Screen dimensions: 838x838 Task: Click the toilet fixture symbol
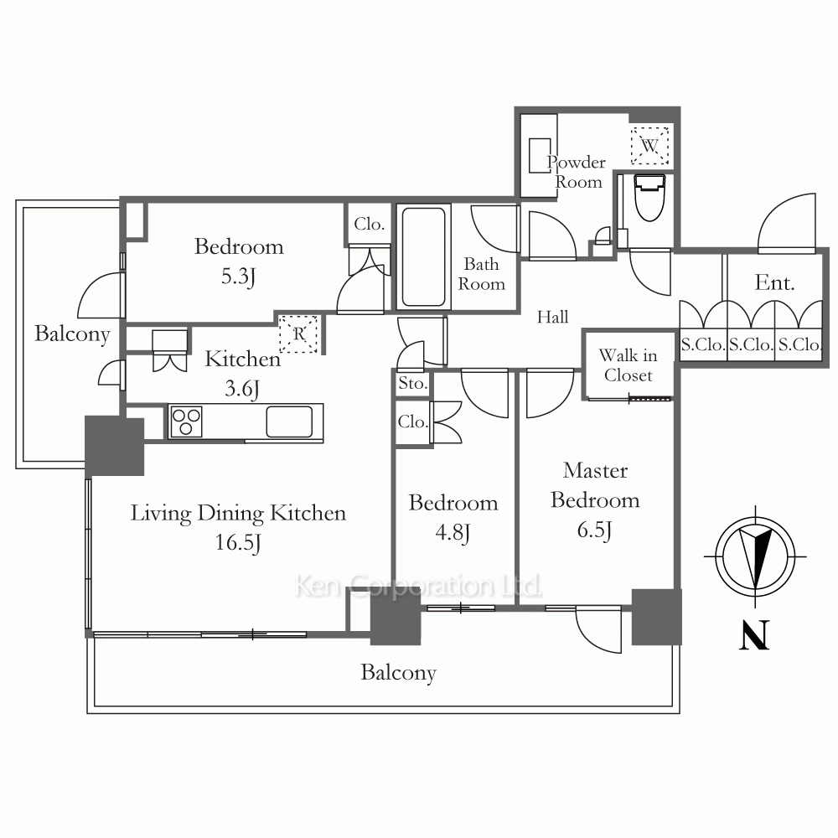click(649, 197)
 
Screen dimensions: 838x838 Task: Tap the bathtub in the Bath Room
click(423, 256)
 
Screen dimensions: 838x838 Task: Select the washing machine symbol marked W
click(649, 145)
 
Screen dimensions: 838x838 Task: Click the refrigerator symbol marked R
click(299, 334)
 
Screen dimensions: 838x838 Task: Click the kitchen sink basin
click(289, 422)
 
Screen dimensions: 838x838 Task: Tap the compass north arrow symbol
click(755, 556)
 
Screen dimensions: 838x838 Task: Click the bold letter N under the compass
click(754, 635)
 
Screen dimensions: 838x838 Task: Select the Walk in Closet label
click(628, 365)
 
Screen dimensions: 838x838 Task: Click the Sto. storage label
click(412, 383)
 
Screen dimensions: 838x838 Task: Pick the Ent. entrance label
click(774, 282)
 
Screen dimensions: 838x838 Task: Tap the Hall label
click(552, 317)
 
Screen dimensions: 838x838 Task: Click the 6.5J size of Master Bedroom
click(594, 530)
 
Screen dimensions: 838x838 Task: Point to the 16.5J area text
click(238, 542)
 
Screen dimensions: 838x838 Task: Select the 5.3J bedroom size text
click(238, 277)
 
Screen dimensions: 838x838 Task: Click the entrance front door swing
click(787, 223)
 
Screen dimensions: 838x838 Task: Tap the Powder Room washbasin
click(539, 156)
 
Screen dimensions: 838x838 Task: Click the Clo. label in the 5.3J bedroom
click(370, 224)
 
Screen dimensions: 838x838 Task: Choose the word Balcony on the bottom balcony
click(399, 673)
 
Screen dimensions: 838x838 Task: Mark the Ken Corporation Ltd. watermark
click(418, 586)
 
